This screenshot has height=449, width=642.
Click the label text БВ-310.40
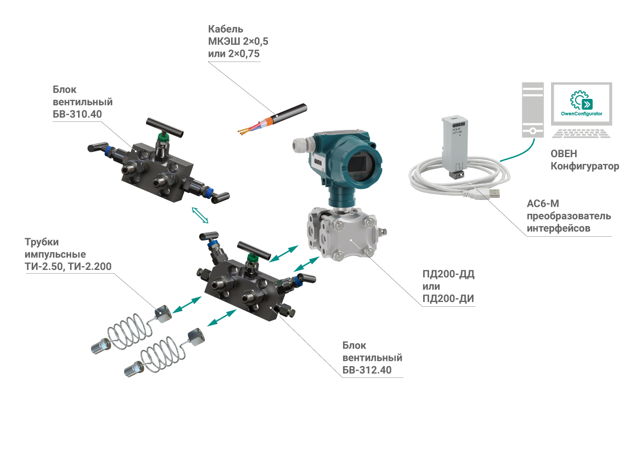78,114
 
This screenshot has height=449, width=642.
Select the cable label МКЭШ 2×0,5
234,41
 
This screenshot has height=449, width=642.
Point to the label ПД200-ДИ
449,299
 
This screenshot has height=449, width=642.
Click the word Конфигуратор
585,166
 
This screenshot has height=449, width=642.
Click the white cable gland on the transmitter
299,144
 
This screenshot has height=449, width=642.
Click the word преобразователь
569,216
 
